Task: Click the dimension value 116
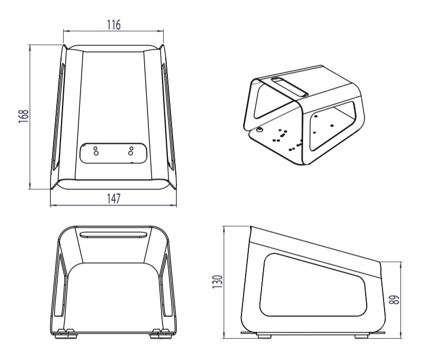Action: click(x=113, y=24)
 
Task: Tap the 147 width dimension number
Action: click(x=113, y=198)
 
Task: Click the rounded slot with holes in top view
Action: click(x=113, y=152)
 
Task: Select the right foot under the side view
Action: click(x=361, y=335)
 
